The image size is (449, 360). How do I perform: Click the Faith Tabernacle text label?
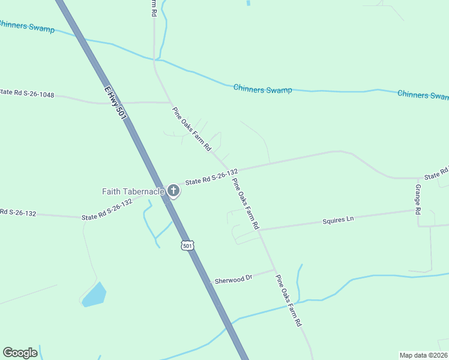click(x=133, y=192)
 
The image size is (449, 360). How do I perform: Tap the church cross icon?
click(x=173, y=191)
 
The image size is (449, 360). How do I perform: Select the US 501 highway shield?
click(x=188, y=245)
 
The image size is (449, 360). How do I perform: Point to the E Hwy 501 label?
click(x=115, y=103)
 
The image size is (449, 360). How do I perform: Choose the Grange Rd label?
click(x=418, y=199)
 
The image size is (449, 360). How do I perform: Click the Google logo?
click(x=20, y=353)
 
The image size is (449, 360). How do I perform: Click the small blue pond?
click(x=94, y=295)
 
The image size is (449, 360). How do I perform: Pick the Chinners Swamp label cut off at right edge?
click(x=423, y=95)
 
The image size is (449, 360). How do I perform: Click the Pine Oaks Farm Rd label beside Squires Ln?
click(x=246, y=204)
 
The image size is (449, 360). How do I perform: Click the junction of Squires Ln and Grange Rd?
click(x=418, y=211)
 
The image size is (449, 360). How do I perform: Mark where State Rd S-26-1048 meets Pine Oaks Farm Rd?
click(x=169, y=103)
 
